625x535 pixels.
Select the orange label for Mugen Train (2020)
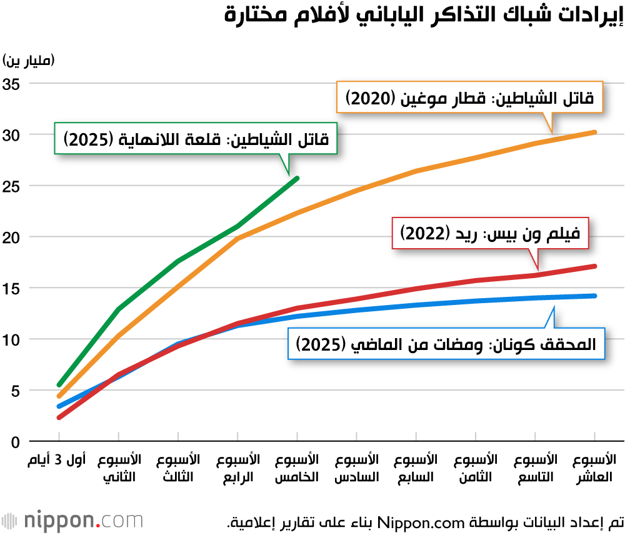[471, 97]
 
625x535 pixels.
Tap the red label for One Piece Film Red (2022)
[492, 233]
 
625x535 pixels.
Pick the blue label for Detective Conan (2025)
[446, 344]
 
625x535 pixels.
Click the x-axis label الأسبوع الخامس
[297, 468]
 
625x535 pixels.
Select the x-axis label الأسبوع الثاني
[119, 468]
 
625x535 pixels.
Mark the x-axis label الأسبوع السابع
[416, 468]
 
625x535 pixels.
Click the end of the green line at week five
[297, 178]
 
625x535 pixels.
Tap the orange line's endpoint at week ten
[594, 132]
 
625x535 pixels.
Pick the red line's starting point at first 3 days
[59, 417]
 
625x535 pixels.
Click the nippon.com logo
[72, 520]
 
